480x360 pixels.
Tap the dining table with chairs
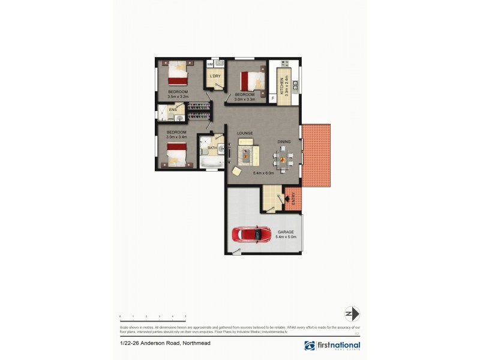click(283, 158)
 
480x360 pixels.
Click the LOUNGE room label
click(244, 133)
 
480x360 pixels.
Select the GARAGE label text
click(286, 232)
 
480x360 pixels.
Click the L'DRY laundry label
click(214, 76)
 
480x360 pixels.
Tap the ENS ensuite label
click(173, 110)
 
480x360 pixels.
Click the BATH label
click(212, 147)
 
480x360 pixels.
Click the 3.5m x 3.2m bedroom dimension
click(178, 96)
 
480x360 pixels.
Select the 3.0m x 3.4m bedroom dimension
click(177, 137)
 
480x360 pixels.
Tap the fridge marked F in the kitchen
click(274, 97)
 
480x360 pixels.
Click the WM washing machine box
click(210, 64)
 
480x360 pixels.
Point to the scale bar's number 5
click(185, 316)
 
